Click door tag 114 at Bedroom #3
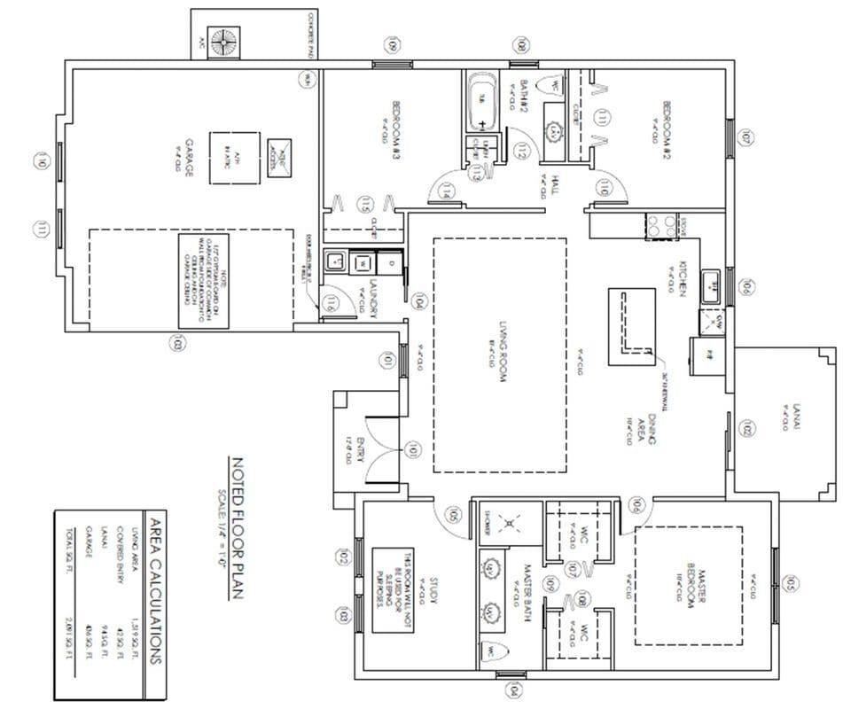449,190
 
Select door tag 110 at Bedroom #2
605,187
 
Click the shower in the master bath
509,524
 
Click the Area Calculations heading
154,590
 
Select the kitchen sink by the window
712,286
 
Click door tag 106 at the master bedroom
636,506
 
